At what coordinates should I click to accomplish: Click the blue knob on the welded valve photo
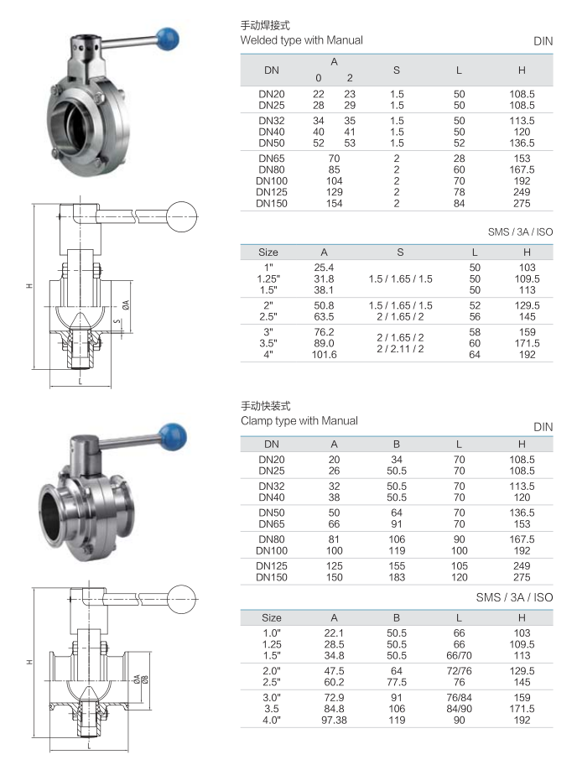coord(167,39)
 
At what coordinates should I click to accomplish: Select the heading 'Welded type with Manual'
coord(301,40)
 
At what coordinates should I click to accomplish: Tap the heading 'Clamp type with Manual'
coord(299,420)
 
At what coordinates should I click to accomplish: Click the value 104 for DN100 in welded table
coord(334,181)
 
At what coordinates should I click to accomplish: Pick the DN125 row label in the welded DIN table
coord(272,192)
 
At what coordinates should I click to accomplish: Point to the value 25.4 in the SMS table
coord(324,268)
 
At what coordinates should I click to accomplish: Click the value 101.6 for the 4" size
coord(324,355)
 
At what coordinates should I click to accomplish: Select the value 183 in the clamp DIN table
coord(397,577)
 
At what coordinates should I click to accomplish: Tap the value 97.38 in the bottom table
coord(334,720)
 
